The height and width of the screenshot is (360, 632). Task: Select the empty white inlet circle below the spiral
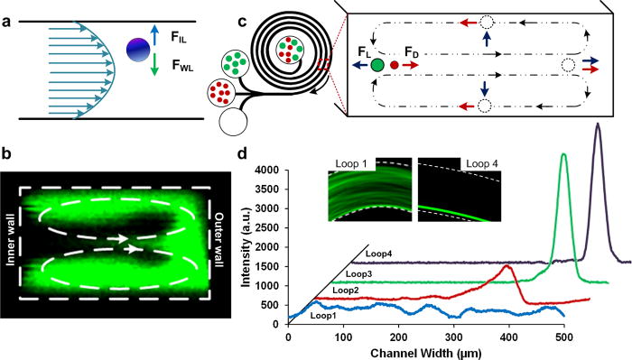pyautogui.click(x=240, y=121)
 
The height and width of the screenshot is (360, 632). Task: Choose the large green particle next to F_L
pyautogui.click(x=375, y=91)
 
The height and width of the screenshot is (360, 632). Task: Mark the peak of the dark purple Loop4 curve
pyautogui.click(x=597, y=126)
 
